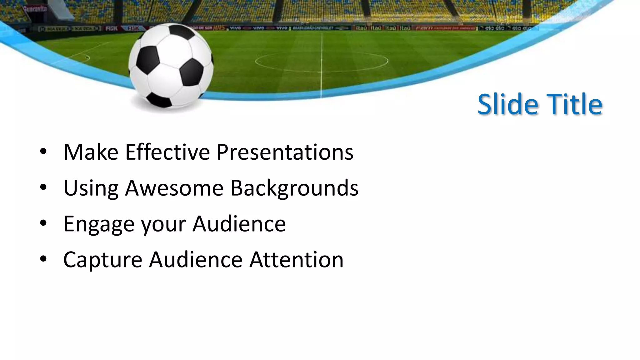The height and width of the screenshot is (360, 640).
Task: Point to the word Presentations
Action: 285,152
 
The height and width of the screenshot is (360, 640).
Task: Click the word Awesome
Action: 174,188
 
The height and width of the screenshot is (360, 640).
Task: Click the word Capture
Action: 102,260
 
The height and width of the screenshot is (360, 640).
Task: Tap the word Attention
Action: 296,260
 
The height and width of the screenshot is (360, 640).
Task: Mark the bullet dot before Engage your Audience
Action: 43,223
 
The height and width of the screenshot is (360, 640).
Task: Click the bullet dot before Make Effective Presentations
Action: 43,152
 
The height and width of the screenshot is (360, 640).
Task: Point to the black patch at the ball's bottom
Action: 159,100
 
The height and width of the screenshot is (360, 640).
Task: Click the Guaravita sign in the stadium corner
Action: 35,9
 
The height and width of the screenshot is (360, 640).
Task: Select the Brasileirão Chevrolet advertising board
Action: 312,28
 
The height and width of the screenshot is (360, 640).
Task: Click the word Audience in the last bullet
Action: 196,260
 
